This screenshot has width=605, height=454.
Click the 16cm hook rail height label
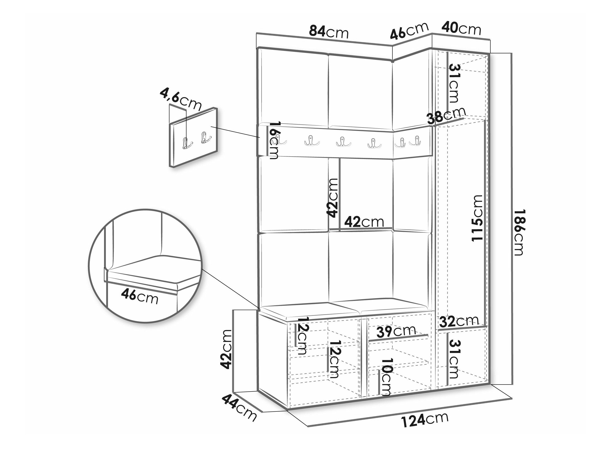[x=274, y=140]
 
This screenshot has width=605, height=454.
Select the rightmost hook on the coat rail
[x=415, y=141]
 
